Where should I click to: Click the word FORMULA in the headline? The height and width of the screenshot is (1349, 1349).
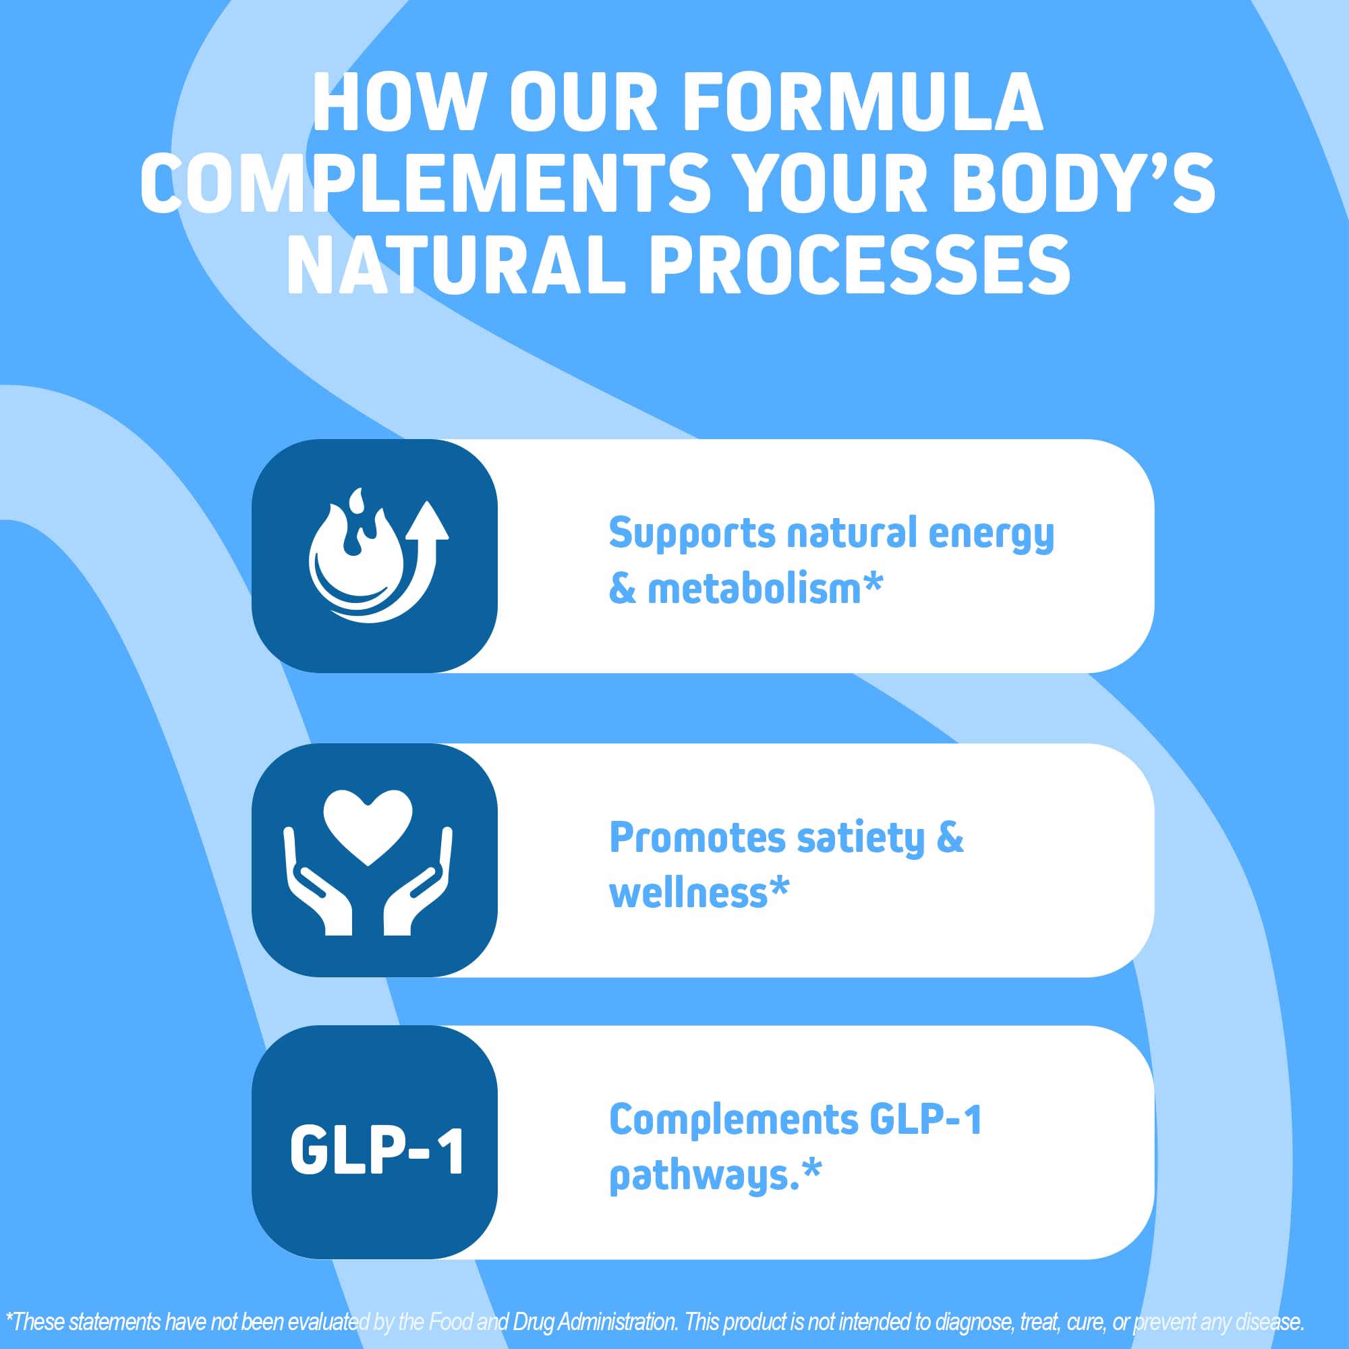pos(862,103)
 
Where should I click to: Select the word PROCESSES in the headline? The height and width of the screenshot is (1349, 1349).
pos(859,265)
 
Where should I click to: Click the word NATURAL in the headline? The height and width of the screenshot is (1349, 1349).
pos(455,265)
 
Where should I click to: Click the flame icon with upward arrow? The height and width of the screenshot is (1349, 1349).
pos(374,555)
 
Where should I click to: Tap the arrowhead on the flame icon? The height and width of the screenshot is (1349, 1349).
pos(427,520)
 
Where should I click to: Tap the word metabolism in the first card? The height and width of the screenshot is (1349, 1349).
pos(755,589)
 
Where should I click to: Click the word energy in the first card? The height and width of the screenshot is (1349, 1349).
pos(991,534)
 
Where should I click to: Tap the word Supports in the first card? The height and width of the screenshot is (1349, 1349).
pos(692,534)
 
